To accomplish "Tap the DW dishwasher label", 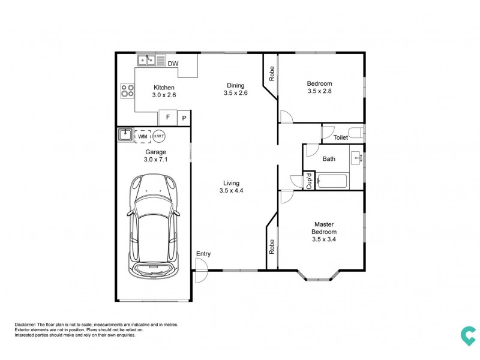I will (173, 64).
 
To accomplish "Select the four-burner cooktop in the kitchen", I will (127, 91).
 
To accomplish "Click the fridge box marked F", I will (168, 118).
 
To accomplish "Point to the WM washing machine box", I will (142, 136).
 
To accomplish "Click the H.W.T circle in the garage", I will (159, 136).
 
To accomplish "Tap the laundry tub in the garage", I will (125, 135).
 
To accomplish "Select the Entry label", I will (203, 254).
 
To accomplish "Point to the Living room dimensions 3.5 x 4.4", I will (231, 191).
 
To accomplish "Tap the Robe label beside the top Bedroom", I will (272, 73).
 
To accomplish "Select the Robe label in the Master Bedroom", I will (272, 247).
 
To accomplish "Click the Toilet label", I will (341, 137).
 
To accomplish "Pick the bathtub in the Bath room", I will (333, 181).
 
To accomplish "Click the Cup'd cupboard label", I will (309, 181).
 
